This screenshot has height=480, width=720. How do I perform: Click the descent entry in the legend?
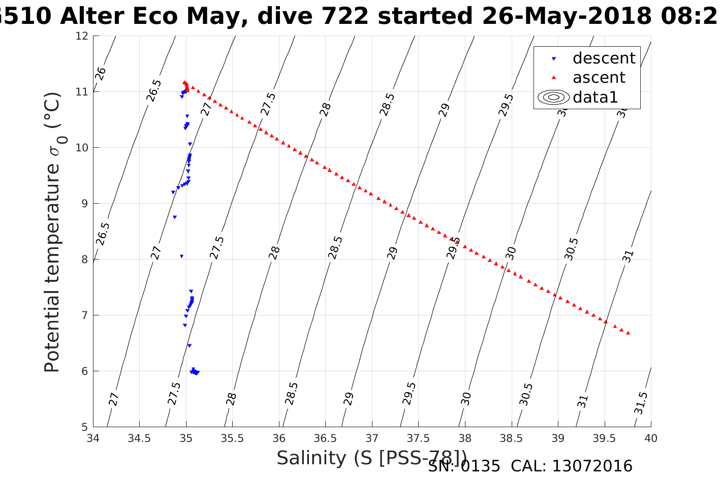pyautogui.click(x=603, y=58)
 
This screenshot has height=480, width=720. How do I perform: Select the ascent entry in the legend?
pyautogui.click(x=599, y=78)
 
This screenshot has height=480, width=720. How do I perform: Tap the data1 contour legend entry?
pyautogui.click(x=595, y=97)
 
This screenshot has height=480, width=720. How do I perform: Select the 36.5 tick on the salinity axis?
pyautogui.click(x=325, y=438)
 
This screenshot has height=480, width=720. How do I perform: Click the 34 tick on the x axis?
pyautogui.click(x=93, y=438)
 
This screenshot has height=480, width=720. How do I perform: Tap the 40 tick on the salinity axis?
pyautogui.click(x=651, y=438)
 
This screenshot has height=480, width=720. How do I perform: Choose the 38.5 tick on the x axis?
pyautogui.click(x=511, y=438)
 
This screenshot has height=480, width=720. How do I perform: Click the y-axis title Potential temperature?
pyautogui.click(x=52, y=232)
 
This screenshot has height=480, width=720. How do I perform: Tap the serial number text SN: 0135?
pyautogui.click(x=464, y=466)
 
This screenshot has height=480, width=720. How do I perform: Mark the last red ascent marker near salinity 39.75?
pyautogui.click(x=628, y=333)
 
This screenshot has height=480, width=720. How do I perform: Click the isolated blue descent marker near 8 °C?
pyautogui.click(x=181, y=257)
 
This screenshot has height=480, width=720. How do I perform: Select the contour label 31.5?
pyautogui.click(x=641, y=403)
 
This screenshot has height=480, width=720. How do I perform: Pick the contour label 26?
pyautogui.click(x=101, y=74)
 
